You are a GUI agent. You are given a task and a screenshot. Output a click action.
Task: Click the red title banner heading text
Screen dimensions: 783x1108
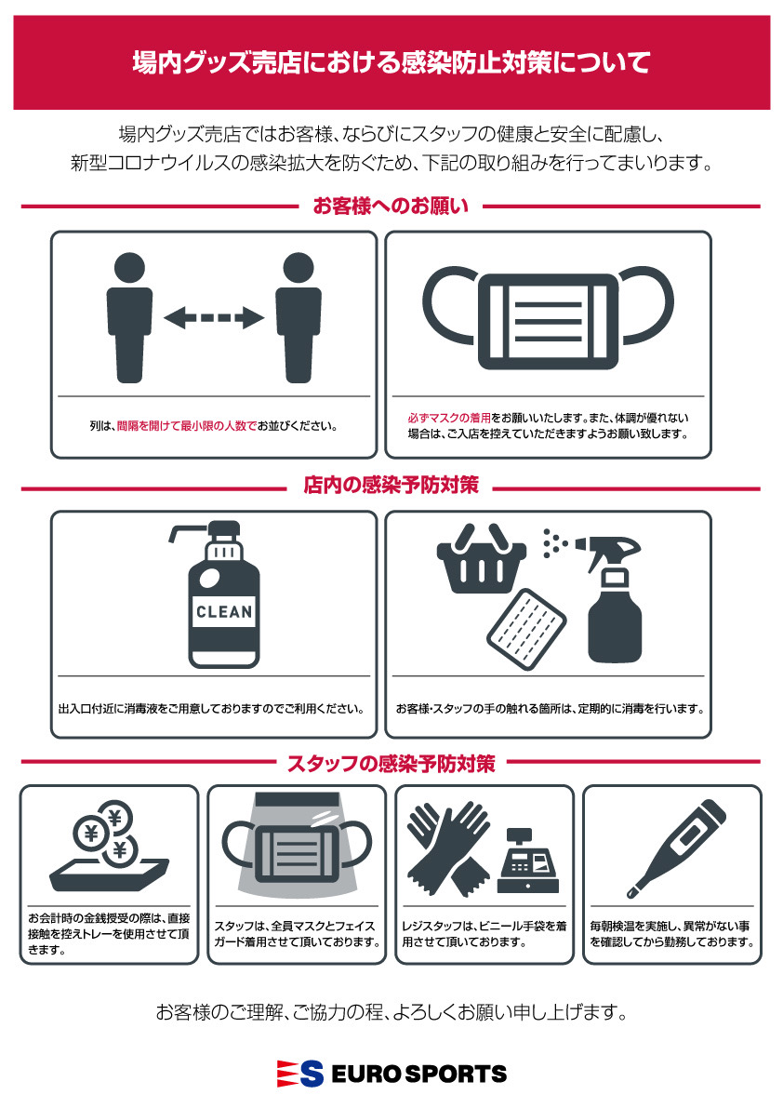coord(391,62)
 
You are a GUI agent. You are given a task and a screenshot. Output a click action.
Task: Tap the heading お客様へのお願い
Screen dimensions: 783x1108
coord(391,207)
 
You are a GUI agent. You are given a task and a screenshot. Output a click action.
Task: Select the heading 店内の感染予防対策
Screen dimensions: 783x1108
coord(391,486)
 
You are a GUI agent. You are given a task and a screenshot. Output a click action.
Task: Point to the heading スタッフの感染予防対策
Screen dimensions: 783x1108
coord(391,763)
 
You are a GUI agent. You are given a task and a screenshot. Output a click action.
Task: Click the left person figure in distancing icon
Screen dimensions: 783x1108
coord(129,318)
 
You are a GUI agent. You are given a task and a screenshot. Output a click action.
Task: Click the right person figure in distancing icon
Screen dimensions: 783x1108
coord(298,318)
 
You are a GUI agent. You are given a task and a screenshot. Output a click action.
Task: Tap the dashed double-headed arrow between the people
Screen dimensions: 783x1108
coord(214,317)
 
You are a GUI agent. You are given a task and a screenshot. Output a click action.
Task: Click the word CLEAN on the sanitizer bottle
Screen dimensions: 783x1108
coord(224,612)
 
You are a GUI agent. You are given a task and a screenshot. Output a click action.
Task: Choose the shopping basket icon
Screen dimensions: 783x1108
coord(482,558)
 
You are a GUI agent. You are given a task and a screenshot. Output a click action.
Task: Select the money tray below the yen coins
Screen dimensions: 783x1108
coord(109,874)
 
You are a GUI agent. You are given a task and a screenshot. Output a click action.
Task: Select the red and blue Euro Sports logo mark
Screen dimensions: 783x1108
coord(299,1075)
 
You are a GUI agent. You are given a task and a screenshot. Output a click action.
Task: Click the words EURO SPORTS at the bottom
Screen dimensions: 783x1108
coord(418,1075)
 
